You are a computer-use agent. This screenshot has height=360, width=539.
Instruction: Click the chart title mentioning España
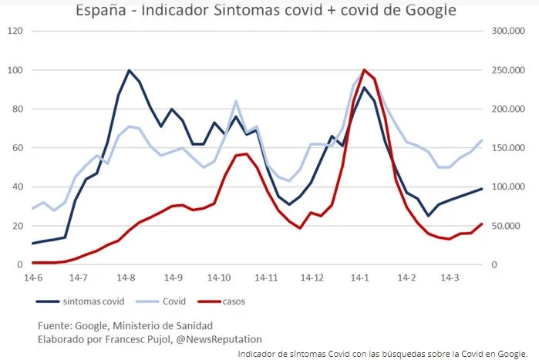(266, 11)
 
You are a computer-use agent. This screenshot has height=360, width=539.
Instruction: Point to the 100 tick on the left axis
(15, 70)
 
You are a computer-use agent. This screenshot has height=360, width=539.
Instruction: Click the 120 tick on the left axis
(15, 32)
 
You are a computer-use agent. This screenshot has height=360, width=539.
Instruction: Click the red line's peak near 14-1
(364, 70)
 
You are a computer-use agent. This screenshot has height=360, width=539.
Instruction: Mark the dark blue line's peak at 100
(129, 70)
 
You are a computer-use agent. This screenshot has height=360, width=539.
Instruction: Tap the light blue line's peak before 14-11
(235, 101)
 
